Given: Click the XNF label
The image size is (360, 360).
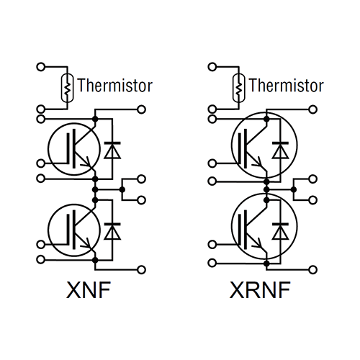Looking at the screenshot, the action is coord(89,289).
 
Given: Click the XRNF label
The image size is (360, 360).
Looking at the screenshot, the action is coord(260,289).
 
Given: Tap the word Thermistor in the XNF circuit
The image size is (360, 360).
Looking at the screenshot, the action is coord(115,86).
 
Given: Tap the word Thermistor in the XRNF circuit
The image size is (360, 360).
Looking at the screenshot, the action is coord(287,86).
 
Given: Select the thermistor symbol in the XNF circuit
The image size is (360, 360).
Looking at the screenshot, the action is coord(68,88).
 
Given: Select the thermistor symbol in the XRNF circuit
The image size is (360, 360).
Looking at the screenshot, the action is coord(239,88).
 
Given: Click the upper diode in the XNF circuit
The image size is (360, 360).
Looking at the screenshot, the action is coord(112,150).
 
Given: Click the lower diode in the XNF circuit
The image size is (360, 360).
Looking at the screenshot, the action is coord(112,231).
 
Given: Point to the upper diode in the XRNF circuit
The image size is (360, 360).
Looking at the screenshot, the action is coord(280,150).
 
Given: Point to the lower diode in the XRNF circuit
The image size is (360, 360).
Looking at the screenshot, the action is coord(280,231).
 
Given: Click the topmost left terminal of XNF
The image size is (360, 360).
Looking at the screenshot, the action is coord(41,67).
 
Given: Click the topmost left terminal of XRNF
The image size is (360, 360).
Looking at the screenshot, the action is coord(212,67).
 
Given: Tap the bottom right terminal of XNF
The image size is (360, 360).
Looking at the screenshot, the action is coord(142,270).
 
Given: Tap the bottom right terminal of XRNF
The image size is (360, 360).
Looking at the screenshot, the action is coord(312,270).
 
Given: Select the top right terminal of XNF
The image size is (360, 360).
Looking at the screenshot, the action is coord(142,109).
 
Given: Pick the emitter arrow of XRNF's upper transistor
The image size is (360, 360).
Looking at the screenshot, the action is coord(258,162).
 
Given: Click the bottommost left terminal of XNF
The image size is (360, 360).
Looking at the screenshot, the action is coord(41,260).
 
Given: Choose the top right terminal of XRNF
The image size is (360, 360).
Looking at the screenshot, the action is coord(312,109).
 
